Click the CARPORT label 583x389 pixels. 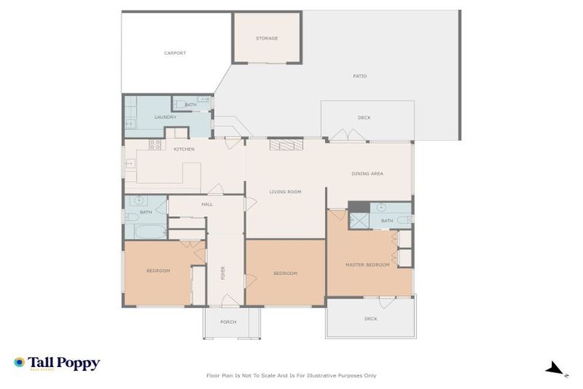(x=175, y=53)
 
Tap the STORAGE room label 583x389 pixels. (x=266, y=38)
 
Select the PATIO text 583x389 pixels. (x=360, y=76)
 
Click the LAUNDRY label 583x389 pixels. (x=165, y=117)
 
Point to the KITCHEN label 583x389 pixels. (x=184, y=149)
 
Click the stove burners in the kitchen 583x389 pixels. (x=156, y=144)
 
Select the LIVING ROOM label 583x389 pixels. (x=285, y=191)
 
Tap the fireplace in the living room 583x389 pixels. (x=286, y=144)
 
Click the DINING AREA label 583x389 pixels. (x=367, y=174)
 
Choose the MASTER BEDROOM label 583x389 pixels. (x=367, y=264)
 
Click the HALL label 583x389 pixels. (x=206, y=204)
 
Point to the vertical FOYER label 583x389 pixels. (x=223, y=273)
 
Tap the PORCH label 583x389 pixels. (x=228, y=322)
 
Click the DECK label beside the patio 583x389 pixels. (x=364, y=118)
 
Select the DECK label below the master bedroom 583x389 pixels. (x=370, y=319)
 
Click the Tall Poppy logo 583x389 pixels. (x=57, y=364)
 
